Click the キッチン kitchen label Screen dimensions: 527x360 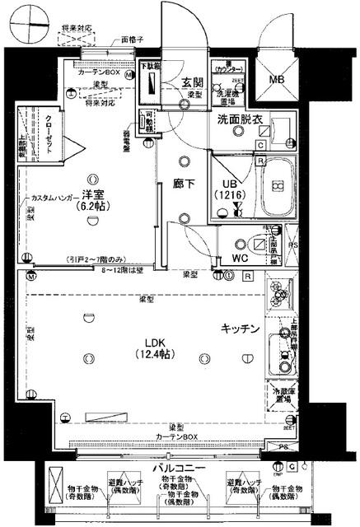(x=240, y=329)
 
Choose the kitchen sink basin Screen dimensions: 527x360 (x=282, y=357)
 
